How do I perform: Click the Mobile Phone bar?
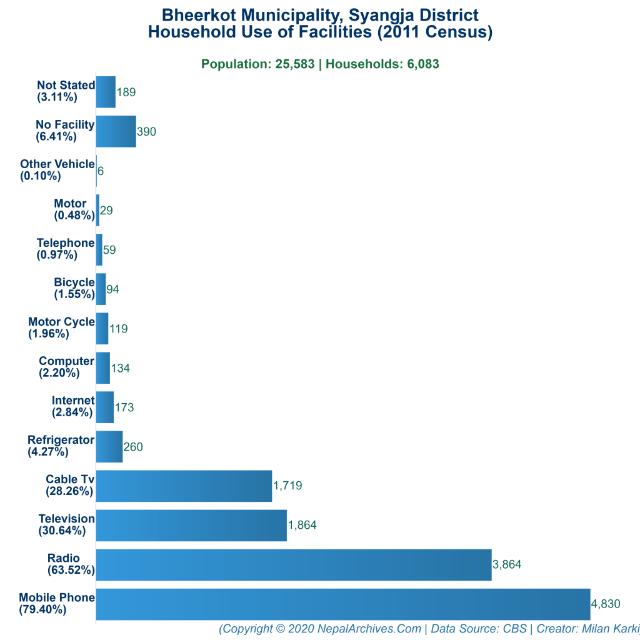[x=342, y=604]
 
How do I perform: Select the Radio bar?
[x=294, y=564]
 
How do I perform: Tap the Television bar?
[x=191, y=525]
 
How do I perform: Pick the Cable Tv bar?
[x=184, y=486]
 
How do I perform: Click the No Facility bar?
[x=116, y=131]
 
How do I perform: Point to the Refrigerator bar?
[x=109, y=446]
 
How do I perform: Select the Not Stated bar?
[x=106, y=92]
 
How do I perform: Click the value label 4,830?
[x=606, y=604]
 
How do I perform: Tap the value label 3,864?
[x=507, y=564]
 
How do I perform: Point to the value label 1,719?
[x=287, y=486]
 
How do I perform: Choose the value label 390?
[x=146, y=131]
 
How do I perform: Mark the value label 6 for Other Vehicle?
[x=101, y=171]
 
